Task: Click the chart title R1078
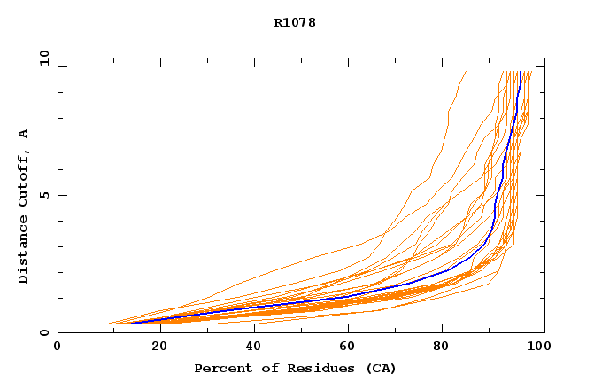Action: [295, 22]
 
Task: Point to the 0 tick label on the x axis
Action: [58, 347]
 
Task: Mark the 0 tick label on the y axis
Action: [43, 332]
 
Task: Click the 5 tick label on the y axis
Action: [43, 195]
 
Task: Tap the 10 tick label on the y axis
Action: [43, 58]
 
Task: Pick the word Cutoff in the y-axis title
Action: [23, 178]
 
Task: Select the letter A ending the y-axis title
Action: [23, 134]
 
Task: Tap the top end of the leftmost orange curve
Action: [467, 72]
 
